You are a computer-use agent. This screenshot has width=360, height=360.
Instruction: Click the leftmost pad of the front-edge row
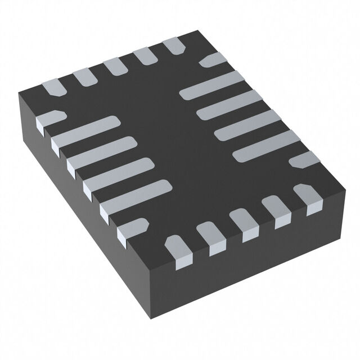point(178,250)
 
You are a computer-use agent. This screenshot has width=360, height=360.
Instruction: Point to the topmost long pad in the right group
point(211,85)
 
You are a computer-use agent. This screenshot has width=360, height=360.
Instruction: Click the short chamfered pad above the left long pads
point(49,118)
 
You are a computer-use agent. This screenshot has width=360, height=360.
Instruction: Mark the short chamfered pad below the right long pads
point(305,161)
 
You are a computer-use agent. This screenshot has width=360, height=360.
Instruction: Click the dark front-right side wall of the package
point(264,264)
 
